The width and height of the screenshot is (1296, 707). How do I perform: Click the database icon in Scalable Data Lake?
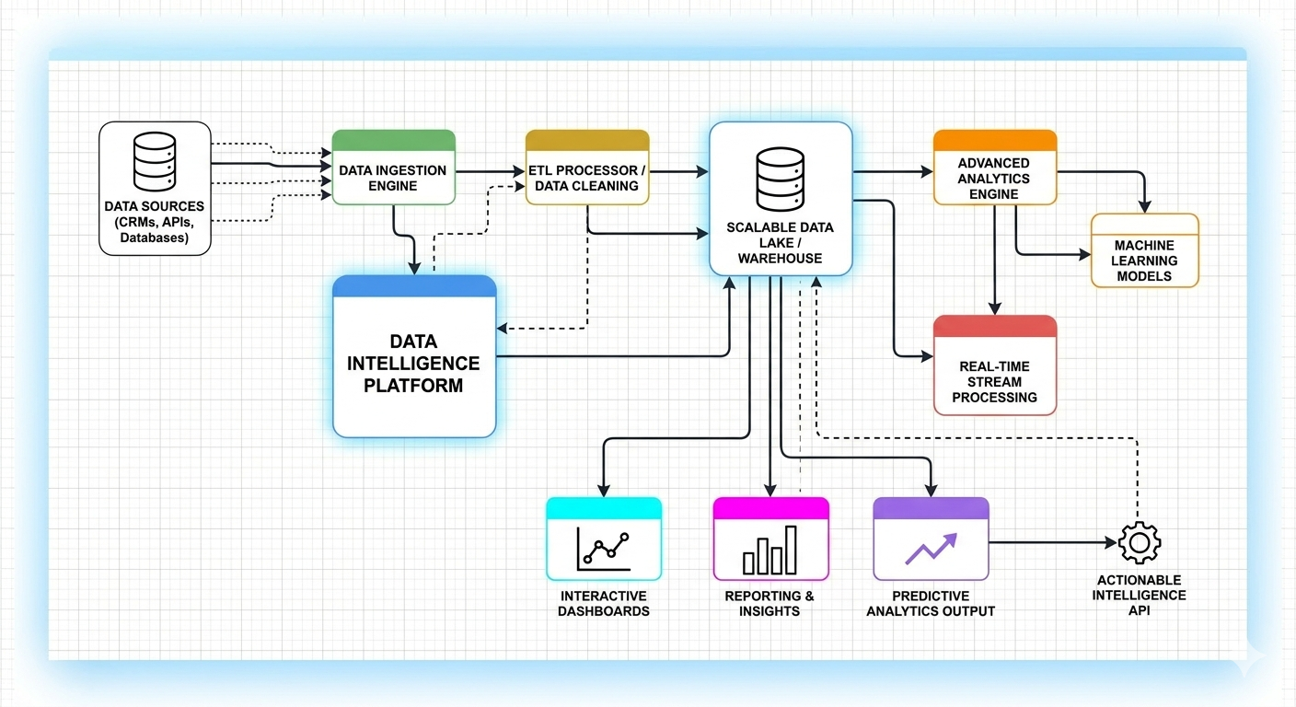780,180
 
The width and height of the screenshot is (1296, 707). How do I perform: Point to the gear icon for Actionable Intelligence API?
1140,542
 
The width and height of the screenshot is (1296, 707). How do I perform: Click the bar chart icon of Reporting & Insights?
770,550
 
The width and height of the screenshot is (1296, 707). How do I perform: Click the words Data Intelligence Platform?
413,364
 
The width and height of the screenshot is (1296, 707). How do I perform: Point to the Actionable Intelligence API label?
1139,595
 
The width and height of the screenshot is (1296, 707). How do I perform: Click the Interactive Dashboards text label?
604,603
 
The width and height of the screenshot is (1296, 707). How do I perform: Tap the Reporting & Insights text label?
769,603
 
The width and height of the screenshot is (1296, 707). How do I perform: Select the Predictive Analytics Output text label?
931,603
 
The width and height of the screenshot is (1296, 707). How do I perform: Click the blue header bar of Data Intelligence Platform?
414,286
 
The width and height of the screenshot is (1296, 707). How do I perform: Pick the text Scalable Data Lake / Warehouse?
780,242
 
